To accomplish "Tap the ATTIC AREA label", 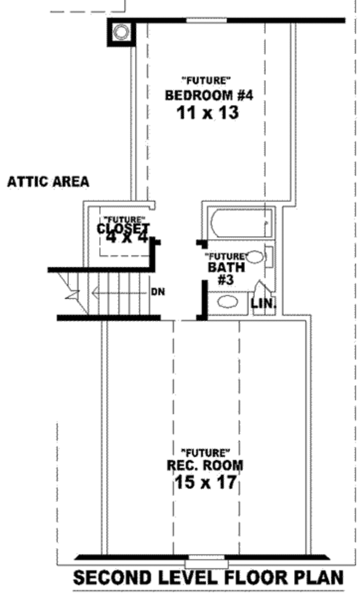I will [x=48, y=182].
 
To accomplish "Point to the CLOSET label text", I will [x=123, y=228].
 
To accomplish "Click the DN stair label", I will [x=158, y=292].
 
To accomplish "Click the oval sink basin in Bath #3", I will [x=227, y=302].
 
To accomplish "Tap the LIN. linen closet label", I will [x=263, y=304].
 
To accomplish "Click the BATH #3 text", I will [x=224, y=271].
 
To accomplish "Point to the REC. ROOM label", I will [x=206, y=465].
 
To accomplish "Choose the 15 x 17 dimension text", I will [x=206, y=482].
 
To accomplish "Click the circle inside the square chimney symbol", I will [x=122, y=32].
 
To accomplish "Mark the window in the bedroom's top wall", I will [x=206, y=20].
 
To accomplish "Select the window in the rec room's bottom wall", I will [x=206, y=564].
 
